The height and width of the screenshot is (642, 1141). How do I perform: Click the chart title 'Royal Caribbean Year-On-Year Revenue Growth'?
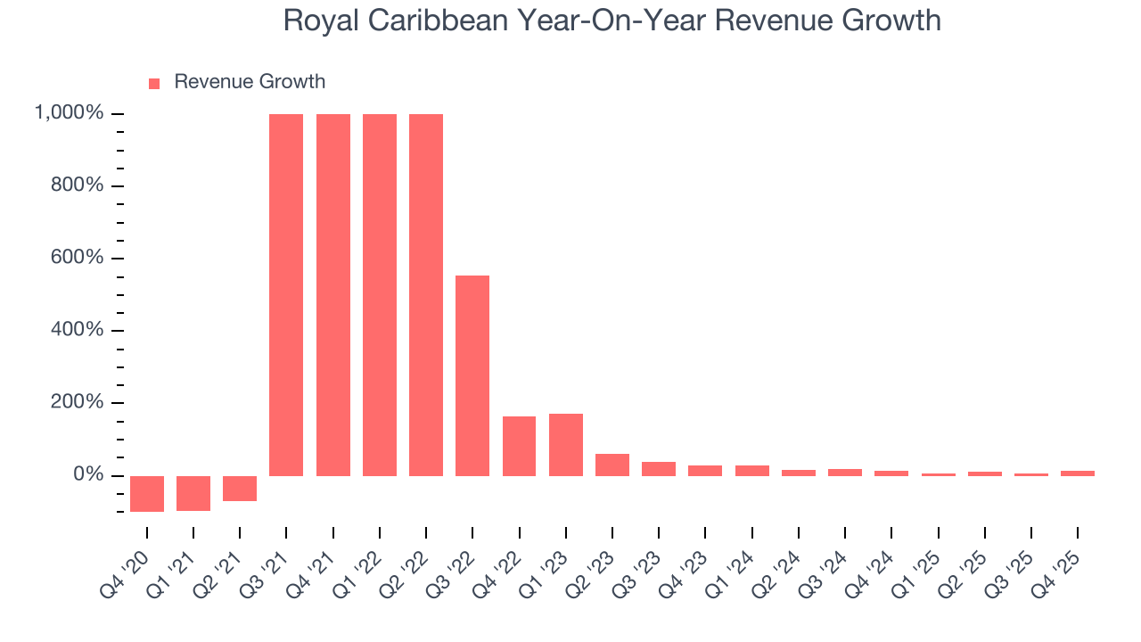(612, 21)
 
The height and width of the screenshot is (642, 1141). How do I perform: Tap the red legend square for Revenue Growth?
(154, 83)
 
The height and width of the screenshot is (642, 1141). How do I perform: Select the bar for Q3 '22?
(472, 375)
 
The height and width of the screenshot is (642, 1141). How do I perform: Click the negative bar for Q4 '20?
(147, 493)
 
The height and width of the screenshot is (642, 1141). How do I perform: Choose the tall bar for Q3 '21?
(286, 294)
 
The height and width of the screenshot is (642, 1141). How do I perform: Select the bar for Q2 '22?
(426, 294)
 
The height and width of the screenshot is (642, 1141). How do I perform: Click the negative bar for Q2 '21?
(240, 488)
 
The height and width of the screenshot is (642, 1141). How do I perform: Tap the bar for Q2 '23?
(612, 465)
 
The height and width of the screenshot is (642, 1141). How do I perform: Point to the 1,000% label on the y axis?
(69, 113)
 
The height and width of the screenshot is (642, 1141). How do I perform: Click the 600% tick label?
(76, 258)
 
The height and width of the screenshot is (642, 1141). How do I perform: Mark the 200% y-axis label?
(76, 402)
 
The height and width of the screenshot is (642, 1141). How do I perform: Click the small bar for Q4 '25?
(1078, 473)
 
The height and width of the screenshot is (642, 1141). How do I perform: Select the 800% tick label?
(76, 185)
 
